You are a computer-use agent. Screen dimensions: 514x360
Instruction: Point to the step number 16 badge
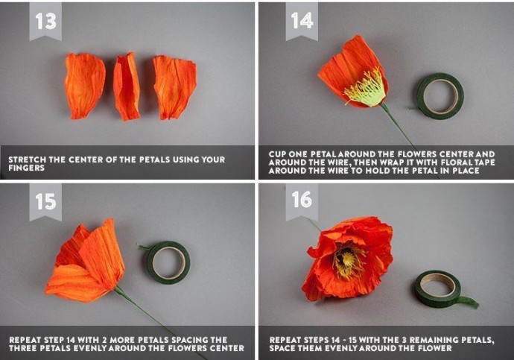[x=302, y=200]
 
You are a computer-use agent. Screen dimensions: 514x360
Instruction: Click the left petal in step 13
[x=85, y=85]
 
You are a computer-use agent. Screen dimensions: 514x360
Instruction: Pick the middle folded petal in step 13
[x=127, y=86]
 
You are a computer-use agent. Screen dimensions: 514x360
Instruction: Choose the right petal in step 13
[x=174, y=87]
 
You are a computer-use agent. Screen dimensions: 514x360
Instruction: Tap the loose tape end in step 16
[x=468, y=302]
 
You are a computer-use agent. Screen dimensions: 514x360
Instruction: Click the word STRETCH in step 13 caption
[x=28, y=160]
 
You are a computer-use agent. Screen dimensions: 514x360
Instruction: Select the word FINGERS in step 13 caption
[x=27, y=168]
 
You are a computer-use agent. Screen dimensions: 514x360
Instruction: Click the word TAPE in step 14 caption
[x=484, y=162]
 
